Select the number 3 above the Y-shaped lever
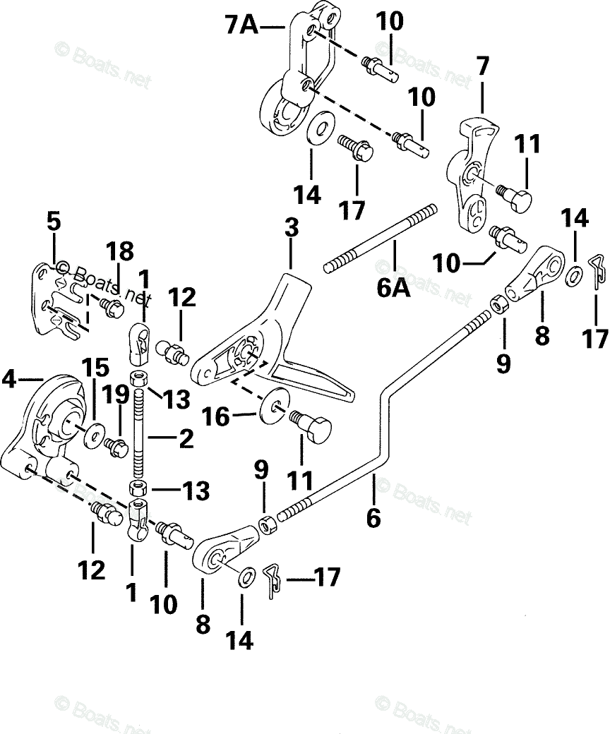click(x=291, y=227)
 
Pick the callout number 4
click(x=9, y=380)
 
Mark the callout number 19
click(x=119, y=395)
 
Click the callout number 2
click(x=186, y=440)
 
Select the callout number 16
click(x=217, y=416)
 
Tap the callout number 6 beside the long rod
click(x=373, y=518)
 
